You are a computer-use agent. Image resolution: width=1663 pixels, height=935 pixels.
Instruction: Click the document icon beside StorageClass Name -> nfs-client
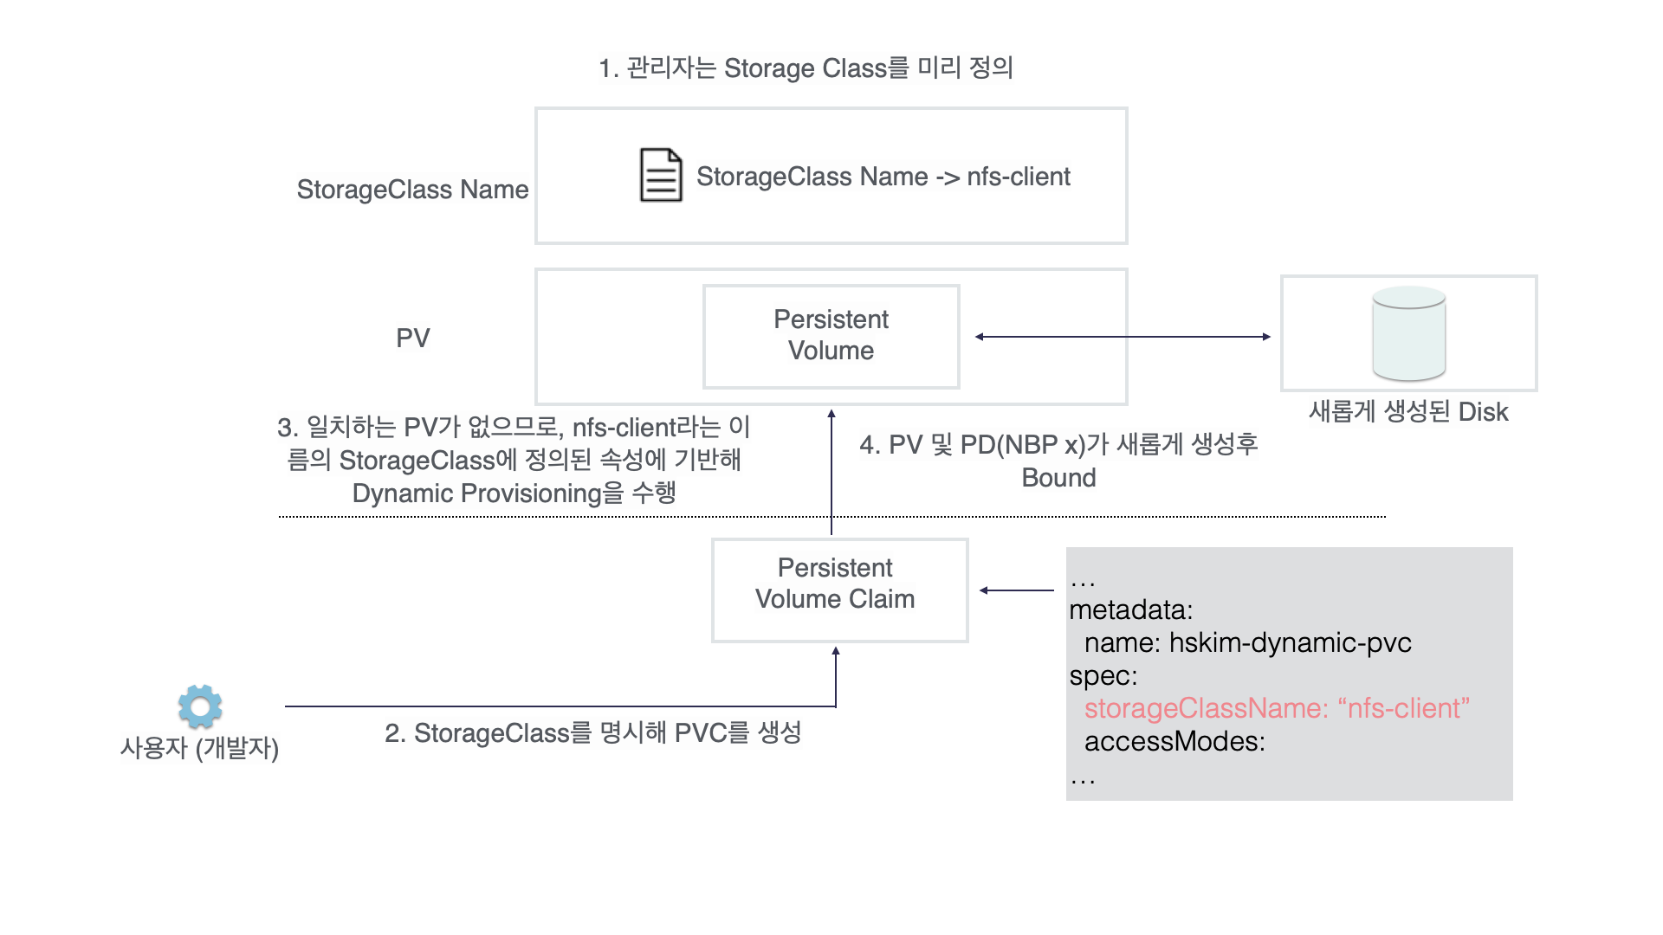click(x=661, y=175)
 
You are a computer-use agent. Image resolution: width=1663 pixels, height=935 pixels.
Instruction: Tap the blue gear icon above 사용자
click(x=200, y=706)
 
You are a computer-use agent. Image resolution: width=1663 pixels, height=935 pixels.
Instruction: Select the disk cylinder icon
click(x=1408, y=334)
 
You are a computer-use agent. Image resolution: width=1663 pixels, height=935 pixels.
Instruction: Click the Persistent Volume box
click(x=831, y=336)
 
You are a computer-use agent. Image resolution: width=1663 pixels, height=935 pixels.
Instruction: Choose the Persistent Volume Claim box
click(x=838, y=590)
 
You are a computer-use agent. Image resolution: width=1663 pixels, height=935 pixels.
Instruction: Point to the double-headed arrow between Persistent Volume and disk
click(x=1123, y=337)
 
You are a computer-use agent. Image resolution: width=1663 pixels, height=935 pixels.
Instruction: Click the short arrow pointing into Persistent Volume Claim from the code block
click(x=1017, y=590)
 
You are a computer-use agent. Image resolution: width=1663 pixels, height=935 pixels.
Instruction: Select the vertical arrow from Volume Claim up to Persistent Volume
click(x=831, y=472)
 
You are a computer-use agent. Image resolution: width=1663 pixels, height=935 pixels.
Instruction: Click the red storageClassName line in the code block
click(x=1276, y=708)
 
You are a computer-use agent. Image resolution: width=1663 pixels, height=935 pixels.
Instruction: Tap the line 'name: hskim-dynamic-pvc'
click(x=1247, y=642)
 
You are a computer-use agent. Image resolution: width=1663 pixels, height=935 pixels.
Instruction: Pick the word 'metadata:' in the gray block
click(x=1130, y=609)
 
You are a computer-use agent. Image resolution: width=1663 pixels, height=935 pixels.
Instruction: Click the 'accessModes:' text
click(x=1174, y=741)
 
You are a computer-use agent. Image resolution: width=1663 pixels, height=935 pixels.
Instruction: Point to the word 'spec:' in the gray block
click(x=1103, y=675)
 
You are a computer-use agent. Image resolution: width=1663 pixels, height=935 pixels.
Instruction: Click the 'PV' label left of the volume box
click(x=412, y=338)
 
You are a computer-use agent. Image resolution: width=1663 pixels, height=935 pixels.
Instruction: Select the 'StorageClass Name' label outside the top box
click(x=412, y=190)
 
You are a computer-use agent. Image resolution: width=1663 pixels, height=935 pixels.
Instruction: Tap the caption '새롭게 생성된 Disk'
click(x=1408, y=411)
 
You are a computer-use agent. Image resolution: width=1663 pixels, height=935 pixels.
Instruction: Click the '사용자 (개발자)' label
click(x=199, y=747)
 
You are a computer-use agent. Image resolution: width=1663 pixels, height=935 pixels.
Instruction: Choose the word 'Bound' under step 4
click(x=1058, y=478)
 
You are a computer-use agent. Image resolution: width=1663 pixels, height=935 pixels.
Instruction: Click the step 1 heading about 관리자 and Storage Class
click(x=806, y=68)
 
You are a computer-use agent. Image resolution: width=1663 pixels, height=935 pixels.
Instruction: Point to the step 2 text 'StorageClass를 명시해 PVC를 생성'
click(x=593, y=732)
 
